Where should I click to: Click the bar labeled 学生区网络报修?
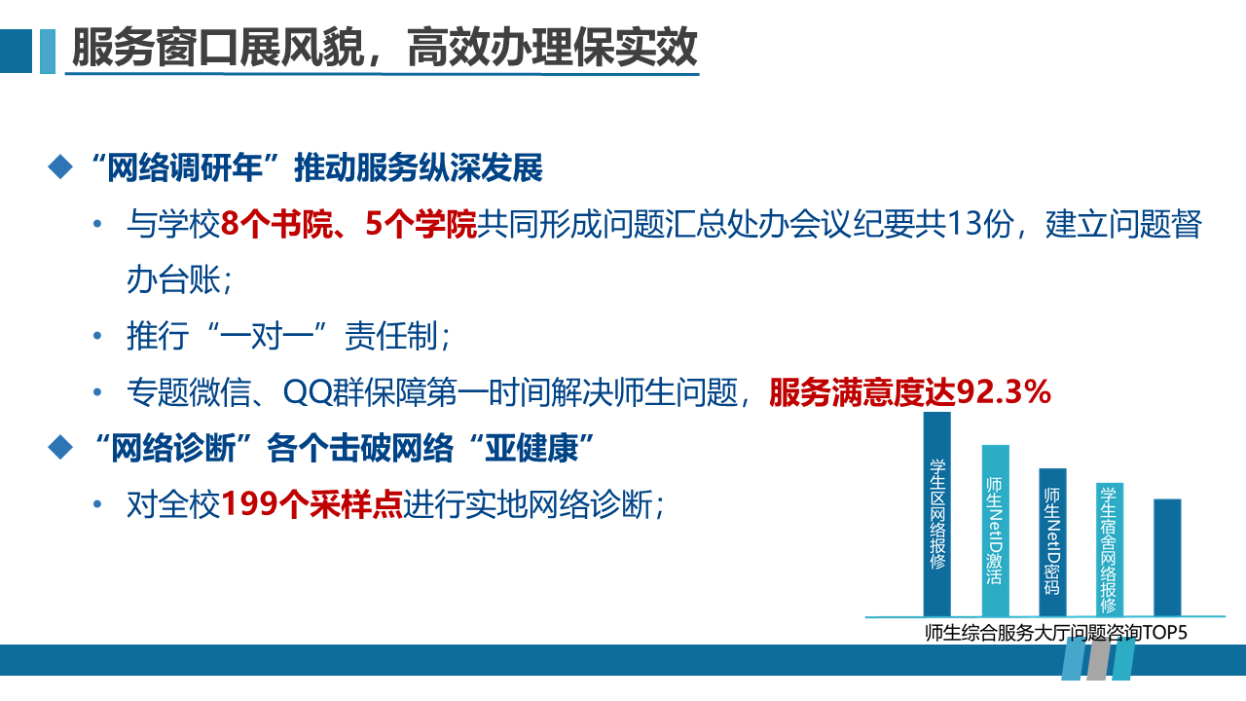937,514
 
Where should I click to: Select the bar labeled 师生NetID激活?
996,531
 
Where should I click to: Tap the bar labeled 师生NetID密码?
1053,542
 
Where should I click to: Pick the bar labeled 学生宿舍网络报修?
1110,550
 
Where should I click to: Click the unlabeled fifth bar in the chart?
1167,558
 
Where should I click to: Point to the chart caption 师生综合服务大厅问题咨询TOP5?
1056,633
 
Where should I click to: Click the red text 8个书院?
276,225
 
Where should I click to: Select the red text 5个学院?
421,225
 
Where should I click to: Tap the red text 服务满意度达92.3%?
910,392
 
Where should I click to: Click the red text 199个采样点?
312,504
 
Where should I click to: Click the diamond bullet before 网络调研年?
60,166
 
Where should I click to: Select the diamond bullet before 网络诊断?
60,447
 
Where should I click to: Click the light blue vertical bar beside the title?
48,52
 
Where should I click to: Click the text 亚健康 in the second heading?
531,448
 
